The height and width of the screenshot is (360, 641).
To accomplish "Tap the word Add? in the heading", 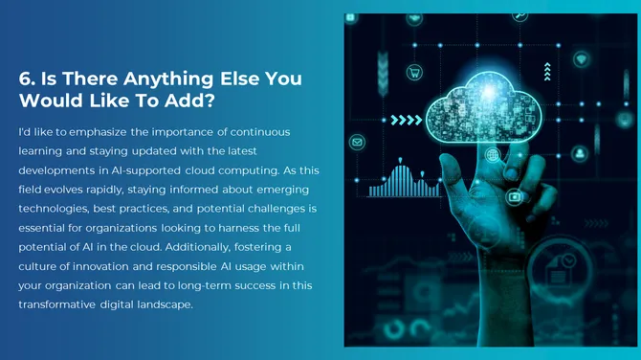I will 194,101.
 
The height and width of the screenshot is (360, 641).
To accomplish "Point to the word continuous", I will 255,130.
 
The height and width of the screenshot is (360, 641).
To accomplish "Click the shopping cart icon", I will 415,73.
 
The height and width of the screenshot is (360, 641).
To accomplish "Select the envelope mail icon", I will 358,143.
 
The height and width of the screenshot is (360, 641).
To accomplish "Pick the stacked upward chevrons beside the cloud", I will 547,71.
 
